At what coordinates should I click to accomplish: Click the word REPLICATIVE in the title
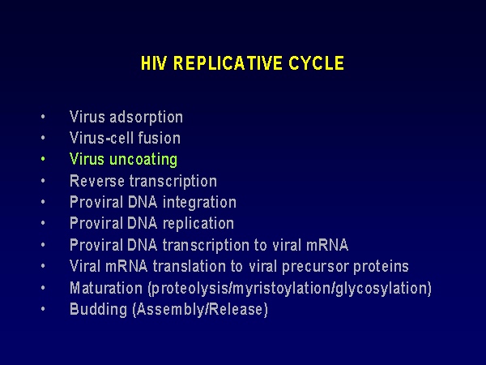pos(228,63)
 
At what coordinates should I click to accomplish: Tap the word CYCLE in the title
pos(317,63)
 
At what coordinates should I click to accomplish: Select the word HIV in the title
pos(154,63)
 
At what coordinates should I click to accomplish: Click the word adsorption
pos(147,118)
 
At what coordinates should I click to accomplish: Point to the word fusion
pos(160,138)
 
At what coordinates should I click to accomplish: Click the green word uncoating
pos(143,160)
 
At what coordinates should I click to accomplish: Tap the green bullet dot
pos(43,159)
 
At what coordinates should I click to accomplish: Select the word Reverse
pos(97,181)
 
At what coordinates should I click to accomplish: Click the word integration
pos(199,203)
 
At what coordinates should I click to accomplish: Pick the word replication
pos(198,224)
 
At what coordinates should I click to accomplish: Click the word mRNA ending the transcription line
pos(327,245)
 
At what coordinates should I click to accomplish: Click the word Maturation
pos(106,288)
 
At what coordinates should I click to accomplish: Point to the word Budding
pos(99,310)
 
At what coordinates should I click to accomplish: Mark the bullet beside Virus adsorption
pos(43,117)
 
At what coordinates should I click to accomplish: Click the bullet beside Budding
pos(43,309)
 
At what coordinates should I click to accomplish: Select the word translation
pos(189,267)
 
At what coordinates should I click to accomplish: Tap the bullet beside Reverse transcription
pos(43,181)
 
